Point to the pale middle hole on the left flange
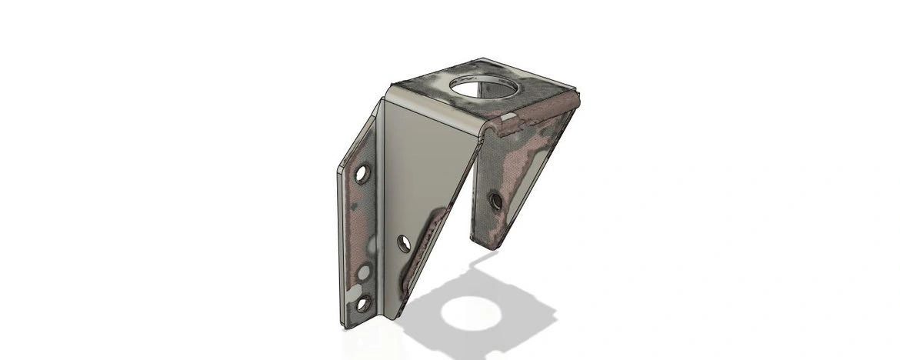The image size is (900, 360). point(363,272)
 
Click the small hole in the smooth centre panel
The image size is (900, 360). point(404,244)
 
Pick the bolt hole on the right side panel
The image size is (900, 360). point(496,201)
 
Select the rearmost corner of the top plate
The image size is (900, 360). point(483,58)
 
